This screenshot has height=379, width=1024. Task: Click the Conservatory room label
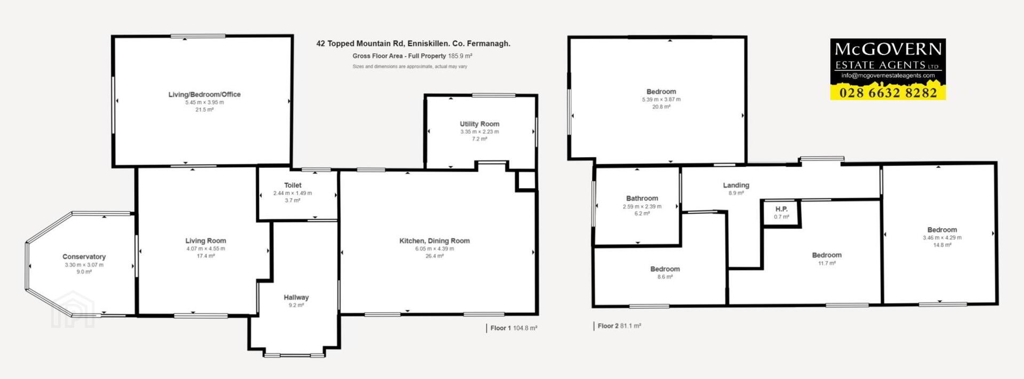(84, 257)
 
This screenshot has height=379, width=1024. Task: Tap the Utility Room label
(479, 124)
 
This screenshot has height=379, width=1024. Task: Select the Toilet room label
(293, 185)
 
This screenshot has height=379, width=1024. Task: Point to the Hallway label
(296, 297)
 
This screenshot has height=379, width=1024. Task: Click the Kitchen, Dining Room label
(435, 241)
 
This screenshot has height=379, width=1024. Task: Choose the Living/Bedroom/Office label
(205, 94)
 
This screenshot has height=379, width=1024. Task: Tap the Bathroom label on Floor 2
(642, 198)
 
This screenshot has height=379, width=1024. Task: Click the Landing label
(736, 186)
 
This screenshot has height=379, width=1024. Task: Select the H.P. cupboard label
(781, 209)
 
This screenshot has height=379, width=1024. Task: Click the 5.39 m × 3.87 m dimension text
(661, 99)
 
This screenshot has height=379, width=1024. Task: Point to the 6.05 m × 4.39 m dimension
(435, 248)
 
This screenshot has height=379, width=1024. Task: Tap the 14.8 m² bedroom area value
(942, 245)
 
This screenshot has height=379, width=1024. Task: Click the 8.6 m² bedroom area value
(665, 277)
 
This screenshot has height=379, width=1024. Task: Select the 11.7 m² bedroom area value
(827, 263)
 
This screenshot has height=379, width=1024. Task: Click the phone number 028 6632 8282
(888, 93)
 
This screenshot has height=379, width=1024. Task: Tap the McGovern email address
(888, 76)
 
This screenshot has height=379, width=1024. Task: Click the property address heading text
(413, 44)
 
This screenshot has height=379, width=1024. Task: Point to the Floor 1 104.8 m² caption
(514, 328)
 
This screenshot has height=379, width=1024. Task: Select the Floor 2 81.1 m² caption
(619, 326)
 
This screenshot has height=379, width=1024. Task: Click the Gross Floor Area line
(412, 56)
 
